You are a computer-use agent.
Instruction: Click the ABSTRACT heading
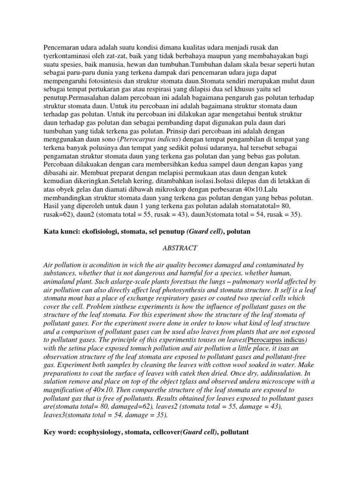180,247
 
